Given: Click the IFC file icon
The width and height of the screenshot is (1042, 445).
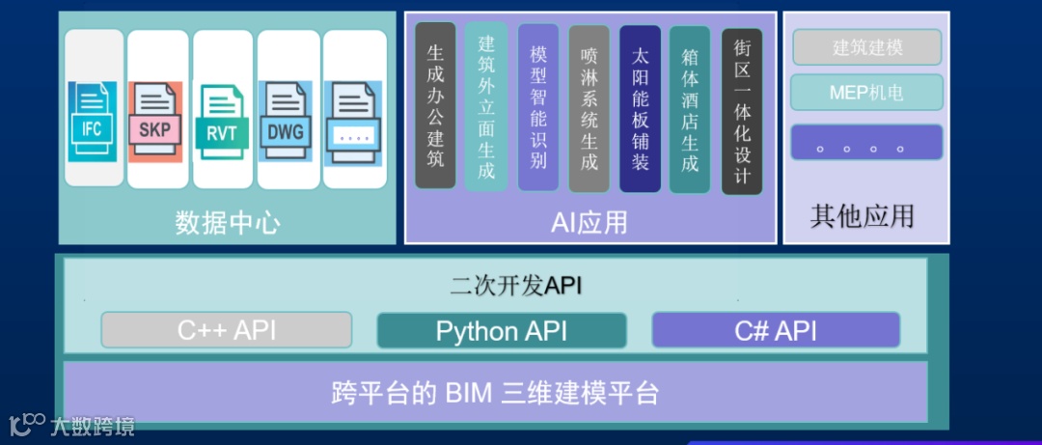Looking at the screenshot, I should (x=93, y=121).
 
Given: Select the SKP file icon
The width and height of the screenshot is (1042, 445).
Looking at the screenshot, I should (x=155, y=122).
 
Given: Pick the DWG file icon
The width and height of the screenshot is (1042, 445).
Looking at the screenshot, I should (x=286, y=122).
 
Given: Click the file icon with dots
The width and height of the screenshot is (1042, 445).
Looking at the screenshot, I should (x=354, y=122).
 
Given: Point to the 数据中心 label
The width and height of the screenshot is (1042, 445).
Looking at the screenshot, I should (x=228, y=224).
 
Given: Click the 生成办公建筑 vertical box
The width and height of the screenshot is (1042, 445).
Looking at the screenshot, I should (x=435, y=106).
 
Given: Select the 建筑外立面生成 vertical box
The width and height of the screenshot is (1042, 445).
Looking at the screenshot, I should (x=486, y=106).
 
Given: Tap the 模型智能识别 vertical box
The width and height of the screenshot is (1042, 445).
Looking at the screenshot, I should (x=538, y=106).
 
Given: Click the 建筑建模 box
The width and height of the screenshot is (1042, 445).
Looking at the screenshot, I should (x=867, y=47).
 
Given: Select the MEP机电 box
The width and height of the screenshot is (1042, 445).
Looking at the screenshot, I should (x=866, y=93).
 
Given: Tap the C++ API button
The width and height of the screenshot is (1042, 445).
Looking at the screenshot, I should (x=227, y=330).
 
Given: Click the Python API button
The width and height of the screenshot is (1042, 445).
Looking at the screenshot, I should (x=501, y=331).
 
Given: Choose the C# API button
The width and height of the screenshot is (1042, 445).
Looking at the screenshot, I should (x=776, y=330).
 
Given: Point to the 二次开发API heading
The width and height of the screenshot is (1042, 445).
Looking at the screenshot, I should (x=516, y=286).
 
